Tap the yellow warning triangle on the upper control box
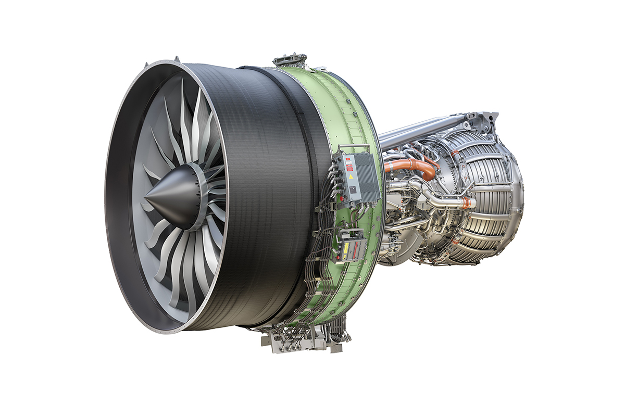click(x=352, y=176)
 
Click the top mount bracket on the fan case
click(x=290, y=59)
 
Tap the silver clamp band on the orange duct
click(x=411, y=167)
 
